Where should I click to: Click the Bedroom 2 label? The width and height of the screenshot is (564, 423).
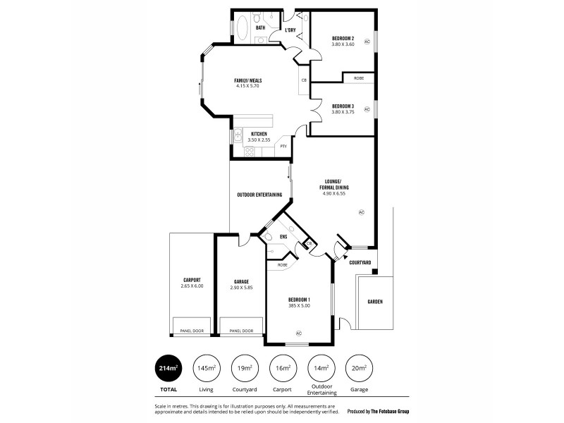coord(343,38)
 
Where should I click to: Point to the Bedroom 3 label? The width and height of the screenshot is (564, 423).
coord(343,106)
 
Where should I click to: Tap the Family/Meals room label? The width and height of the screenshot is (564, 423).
coord(248,80)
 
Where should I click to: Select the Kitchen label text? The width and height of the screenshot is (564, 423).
coord(259,133)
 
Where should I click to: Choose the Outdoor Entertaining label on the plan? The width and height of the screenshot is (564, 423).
coord(259,195)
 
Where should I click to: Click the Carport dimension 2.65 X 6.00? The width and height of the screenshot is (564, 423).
coord(192,286)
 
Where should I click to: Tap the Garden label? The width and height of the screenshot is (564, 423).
coord(375,302)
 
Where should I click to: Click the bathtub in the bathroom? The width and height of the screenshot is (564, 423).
coord(242,29)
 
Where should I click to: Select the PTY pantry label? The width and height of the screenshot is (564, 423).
coord(283,146)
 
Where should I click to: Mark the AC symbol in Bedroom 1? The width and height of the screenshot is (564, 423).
coord(299,333)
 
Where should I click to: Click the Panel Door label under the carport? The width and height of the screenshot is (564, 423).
coord(192,330)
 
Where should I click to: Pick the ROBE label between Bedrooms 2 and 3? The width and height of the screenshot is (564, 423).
coord(358,78)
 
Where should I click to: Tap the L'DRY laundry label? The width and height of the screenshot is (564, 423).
coord(290,30)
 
